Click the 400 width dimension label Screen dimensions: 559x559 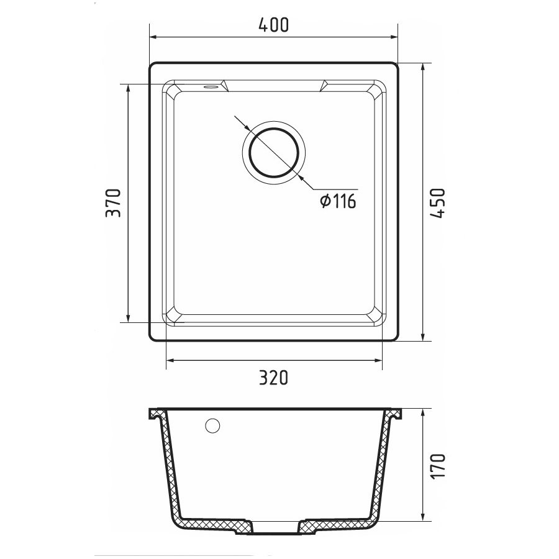273,25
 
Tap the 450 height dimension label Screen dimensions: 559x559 438,203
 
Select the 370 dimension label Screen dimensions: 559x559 114,203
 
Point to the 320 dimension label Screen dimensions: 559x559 273,378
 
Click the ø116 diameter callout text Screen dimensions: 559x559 339,201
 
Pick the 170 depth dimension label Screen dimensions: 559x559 438,466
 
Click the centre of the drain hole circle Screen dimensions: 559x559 273,153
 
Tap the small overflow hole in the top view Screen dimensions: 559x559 211,86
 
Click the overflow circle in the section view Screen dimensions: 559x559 212,425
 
